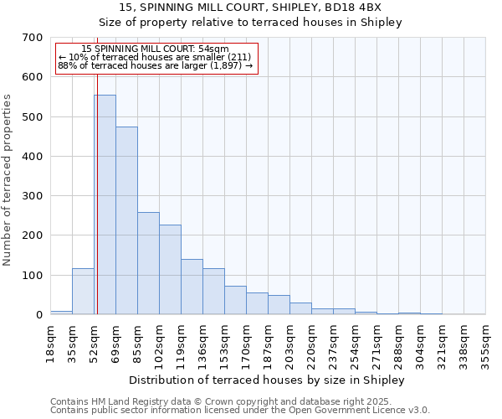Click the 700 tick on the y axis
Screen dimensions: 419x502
(33, 38)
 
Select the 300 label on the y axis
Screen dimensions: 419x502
(33, 196)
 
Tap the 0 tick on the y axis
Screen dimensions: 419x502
(38, 315)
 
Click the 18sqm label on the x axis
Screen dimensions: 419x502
(51, 343)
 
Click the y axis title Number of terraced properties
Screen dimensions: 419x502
(8, 180)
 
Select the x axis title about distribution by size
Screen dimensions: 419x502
(268, 380)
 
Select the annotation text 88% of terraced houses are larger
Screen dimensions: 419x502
(156, 65)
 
